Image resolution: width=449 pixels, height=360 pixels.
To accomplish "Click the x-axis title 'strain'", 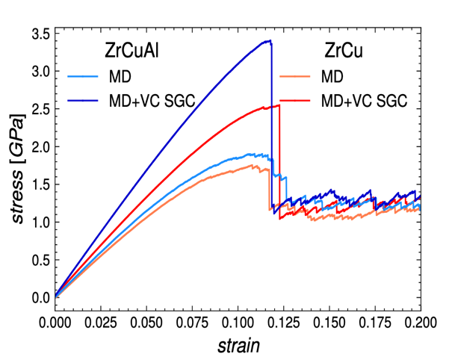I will coord(238,347).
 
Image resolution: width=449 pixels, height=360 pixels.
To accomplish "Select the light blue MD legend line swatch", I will coord(81,76).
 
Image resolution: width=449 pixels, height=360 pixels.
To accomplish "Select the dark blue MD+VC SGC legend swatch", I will coord(81,100).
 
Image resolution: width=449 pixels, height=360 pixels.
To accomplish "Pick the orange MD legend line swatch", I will coord(295,76).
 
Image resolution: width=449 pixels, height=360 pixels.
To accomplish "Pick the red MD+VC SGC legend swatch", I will coord(295,100).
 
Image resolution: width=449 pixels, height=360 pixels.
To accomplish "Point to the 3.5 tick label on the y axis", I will coord(40,34).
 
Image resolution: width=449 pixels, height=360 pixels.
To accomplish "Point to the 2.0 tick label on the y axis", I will coord(40,146).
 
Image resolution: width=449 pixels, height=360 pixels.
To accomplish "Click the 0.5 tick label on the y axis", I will coord(40,259).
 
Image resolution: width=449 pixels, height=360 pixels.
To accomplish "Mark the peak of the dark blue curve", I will coord(269,40).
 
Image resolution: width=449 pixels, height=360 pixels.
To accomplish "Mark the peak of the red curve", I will coord(278,105).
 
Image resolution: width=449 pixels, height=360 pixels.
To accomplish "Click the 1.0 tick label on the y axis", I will coord(40,222).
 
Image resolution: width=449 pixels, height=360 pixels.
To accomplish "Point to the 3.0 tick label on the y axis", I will coord(40,71).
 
